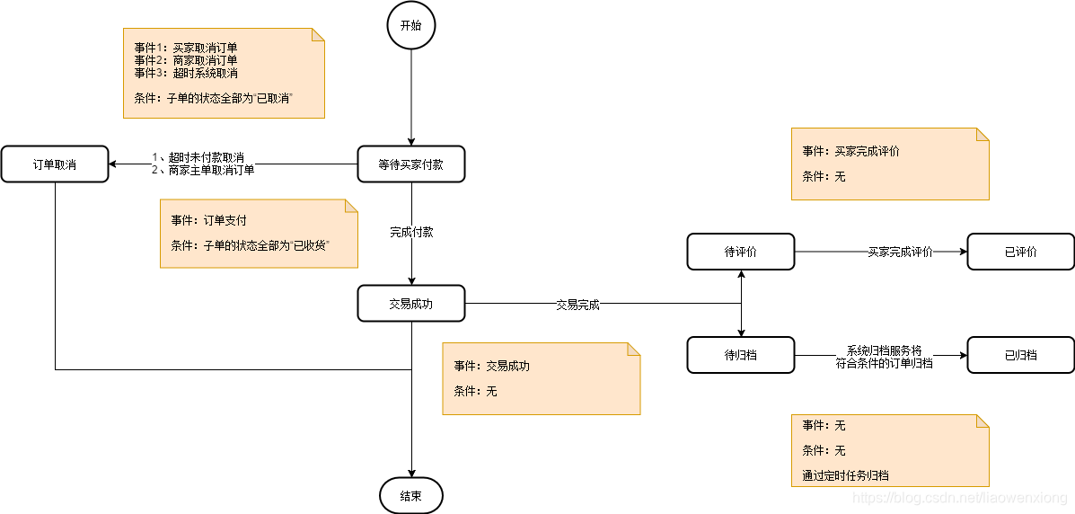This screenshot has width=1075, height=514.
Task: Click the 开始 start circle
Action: point(410,26)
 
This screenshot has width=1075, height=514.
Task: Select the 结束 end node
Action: point(410,495)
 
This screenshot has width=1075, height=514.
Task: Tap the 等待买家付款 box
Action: point(411,164)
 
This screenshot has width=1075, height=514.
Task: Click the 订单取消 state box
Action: point(54,164)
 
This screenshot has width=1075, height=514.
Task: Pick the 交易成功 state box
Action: point(411,304)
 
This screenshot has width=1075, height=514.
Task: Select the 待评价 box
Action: point(741,252)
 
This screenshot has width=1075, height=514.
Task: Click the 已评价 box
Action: point(1020,252)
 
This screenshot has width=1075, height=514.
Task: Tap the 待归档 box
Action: point(741,355)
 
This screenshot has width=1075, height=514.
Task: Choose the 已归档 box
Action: point(1020,355)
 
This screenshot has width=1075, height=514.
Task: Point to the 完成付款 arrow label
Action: point(411,232)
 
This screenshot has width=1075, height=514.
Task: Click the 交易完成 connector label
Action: point(577,305)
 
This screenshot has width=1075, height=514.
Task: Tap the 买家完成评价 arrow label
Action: point(900,253)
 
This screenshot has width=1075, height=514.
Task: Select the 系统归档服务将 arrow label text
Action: point(884,350)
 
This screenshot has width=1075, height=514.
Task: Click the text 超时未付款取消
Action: point(206,157)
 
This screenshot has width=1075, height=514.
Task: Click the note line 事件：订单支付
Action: point(208,220)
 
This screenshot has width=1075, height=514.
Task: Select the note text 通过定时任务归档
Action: point(845,475)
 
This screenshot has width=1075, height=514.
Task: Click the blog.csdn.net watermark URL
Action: point(958,498)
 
